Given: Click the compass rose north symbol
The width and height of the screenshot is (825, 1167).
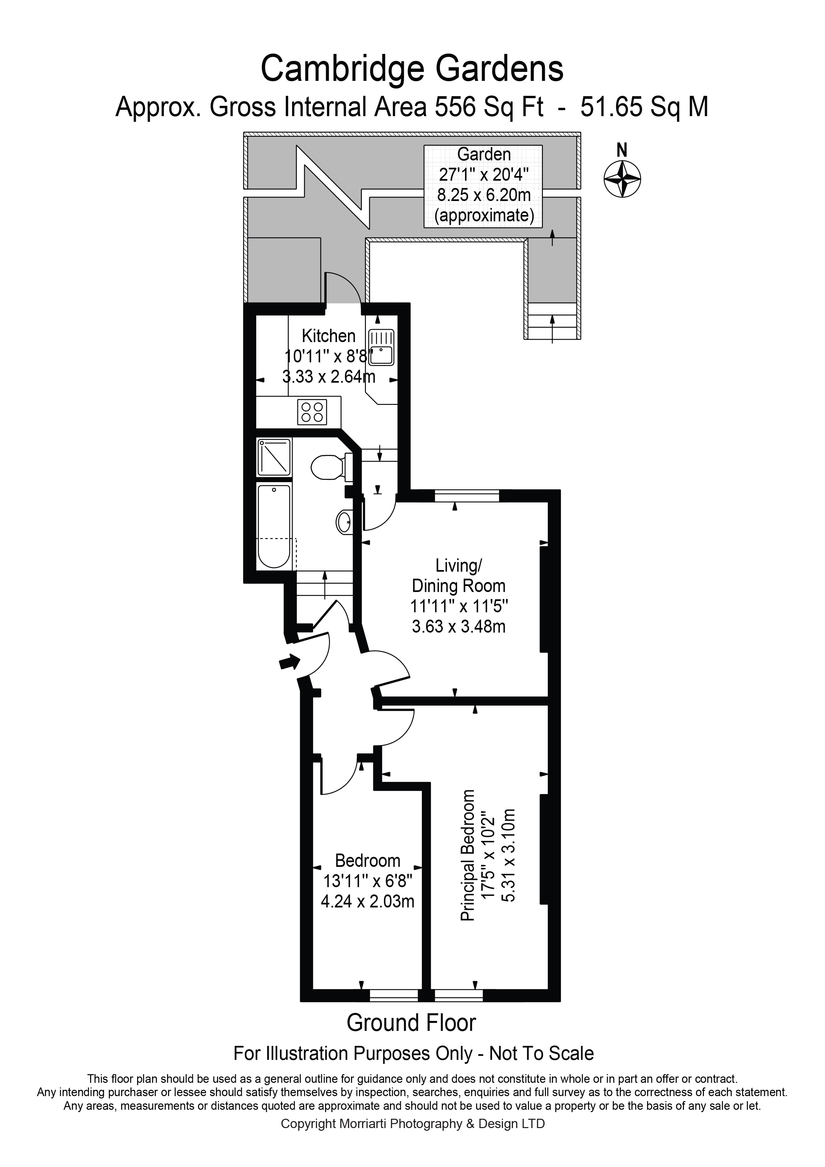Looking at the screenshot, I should point(622,178).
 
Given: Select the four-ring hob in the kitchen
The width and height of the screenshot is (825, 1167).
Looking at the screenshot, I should point(312,412).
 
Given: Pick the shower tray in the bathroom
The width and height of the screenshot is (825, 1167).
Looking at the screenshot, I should point(274,458).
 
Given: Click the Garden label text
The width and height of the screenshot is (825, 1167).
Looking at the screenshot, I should point(484,154).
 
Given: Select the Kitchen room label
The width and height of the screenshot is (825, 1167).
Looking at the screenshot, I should point(328,336).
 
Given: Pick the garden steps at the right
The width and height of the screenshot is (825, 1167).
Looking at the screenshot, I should point(552,321).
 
